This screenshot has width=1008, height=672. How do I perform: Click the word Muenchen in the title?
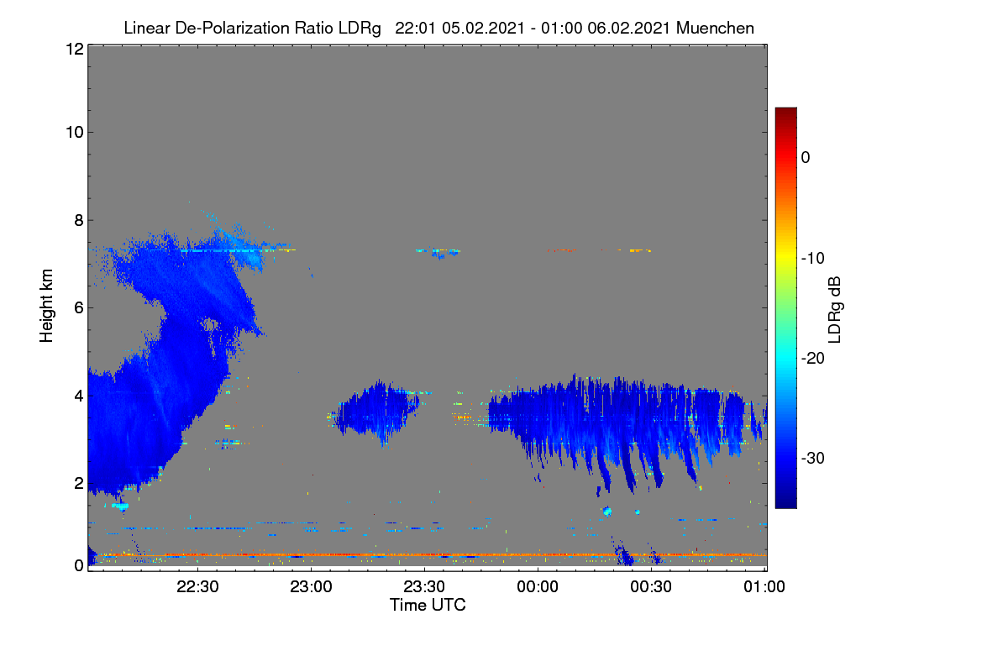[715, 29]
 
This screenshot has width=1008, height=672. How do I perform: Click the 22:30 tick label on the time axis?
[197, 587]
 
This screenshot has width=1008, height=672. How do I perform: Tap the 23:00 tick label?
[311, 587]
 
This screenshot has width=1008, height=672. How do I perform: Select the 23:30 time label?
[424, 587]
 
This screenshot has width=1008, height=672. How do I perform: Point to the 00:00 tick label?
[538, 587]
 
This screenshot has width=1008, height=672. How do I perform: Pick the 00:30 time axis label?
[651, 587]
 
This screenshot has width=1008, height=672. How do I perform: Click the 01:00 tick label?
[764, 587]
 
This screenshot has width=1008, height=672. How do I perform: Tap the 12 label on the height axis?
[75, 49]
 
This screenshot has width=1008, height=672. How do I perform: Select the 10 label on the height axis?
[75, 133]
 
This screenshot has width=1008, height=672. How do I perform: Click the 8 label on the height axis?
[79, 221]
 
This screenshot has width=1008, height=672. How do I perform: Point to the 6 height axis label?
[79, 308]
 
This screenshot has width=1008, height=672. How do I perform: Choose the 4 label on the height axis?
[79, 396]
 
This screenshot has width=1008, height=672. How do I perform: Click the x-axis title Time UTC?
[428, 606]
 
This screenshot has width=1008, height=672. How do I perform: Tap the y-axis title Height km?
[46, 306]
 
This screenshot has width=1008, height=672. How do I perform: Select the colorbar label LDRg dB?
[835, 310]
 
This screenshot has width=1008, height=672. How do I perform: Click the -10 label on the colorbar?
[813, 259]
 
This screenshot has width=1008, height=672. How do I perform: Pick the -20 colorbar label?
[813, 359]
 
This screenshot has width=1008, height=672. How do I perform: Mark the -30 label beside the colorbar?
[813, 458]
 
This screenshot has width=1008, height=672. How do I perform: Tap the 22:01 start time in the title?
[415, 29]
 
